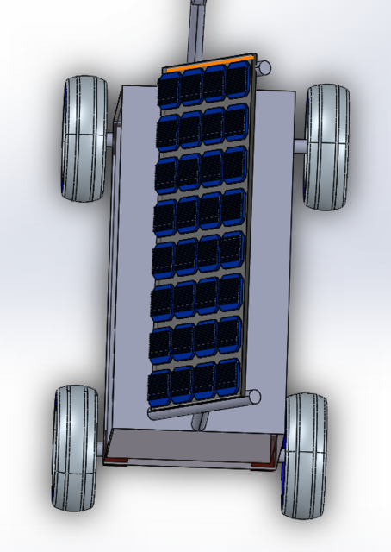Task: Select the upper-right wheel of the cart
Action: pyautogui.click(x=326, y=147)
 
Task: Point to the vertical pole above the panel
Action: pyautogui.click(x=197, y=26)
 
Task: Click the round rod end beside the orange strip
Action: pyautogui.click(x=264, y=66)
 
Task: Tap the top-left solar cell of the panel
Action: pyautogui.click(x=169, y=88)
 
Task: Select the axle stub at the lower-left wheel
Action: pyautogui.click(x=100, y=448)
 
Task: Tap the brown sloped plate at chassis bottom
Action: pyautogui.click(x=191, y=445)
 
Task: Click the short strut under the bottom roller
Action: pyautogui.click(x=201, y=422)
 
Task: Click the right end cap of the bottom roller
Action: pyautogui.click(x=253, y=397)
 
